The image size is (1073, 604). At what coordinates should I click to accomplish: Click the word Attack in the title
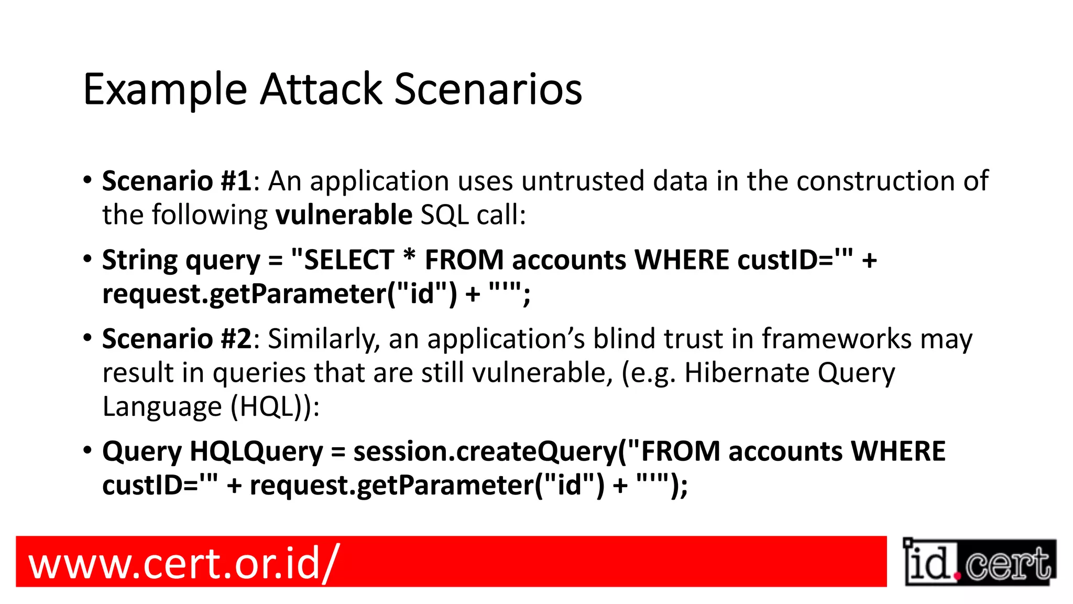[321, 89]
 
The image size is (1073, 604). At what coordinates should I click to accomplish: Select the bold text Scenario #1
[177, 181]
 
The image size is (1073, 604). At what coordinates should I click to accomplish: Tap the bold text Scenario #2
[177, 339]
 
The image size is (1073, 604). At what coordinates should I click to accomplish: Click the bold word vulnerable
[344, 215]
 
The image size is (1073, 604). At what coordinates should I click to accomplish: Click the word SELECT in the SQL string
[349, 260]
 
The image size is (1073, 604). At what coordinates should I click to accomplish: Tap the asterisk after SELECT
[409, 257]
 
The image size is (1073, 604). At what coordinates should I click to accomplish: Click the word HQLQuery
[256, 452]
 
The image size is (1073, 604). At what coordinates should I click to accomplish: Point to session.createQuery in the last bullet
[485, 452]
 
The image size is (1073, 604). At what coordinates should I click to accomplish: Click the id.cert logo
[979, 563]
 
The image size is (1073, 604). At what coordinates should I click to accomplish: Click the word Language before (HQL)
[162, 407]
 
